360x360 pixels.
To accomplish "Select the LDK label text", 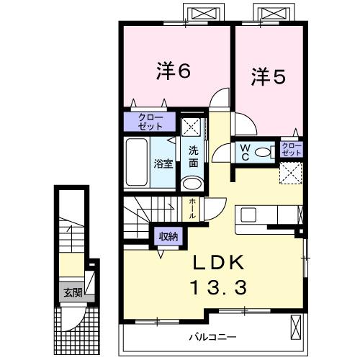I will point(217,262).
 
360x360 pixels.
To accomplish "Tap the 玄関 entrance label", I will point(72,293).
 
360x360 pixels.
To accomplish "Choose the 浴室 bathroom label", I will point(162,163).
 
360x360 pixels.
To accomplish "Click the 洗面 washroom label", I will point(193,157).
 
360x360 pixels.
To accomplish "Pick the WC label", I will point(245,153).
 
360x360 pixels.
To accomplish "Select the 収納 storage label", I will point(168,235).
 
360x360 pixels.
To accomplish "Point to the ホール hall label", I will point(192,209).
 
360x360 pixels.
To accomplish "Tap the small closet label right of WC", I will point(292,150).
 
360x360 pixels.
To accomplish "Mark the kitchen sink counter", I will point(269,215).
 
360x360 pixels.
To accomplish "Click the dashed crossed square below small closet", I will point(290,174).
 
